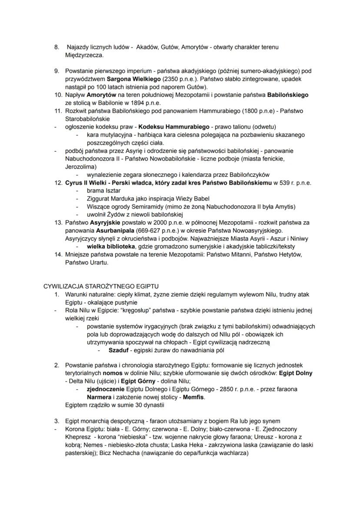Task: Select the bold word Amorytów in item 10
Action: coord(101,95)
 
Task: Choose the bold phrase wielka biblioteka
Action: coord(110,246)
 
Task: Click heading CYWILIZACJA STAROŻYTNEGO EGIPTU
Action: coord(101,286)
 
